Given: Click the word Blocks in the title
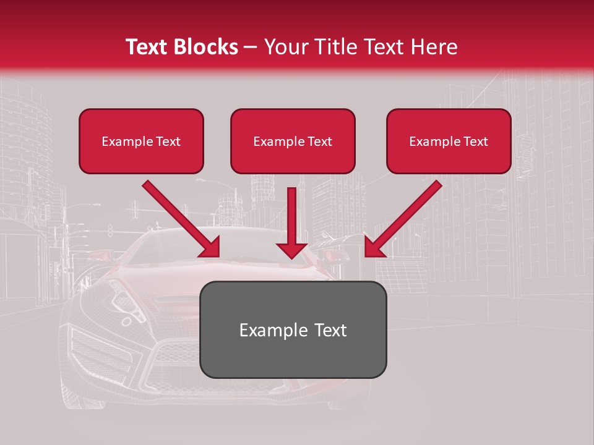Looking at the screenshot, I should (208, 47).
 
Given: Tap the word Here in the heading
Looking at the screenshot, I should (434, 47).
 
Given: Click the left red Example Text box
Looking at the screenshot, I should (141, 142).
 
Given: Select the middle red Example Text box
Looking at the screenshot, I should (293, 142).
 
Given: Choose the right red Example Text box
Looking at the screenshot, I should (449, 142).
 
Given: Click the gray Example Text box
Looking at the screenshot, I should (293, 329).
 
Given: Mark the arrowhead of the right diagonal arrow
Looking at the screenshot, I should (375, 247).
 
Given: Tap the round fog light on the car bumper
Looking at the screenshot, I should (126, 321).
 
